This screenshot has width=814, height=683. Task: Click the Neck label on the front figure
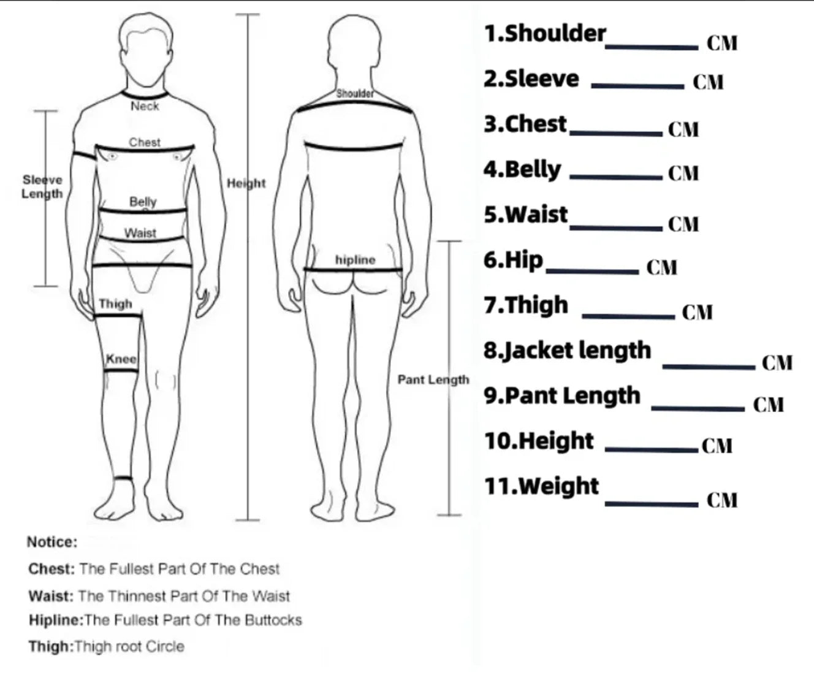click(x=145, y=106)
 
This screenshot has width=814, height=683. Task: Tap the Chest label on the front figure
click(x=145, y=142)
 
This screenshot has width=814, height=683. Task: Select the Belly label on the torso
click(x=143, y=202)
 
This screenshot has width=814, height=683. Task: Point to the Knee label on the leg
click(x=121, y=359)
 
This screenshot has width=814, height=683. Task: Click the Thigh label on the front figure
click(x=115, y=303)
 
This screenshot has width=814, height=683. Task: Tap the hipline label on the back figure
click(x=355, y=260)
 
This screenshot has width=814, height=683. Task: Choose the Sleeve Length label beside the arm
click(x=42, y=187)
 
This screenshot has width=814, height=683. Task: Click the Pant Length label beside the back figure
click(x=433, y=380)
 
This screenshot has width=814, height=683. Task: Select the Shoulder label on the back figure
click(x=355, y=94)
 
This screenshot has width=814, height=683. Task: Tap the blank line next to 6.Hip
click(x=592, y=272)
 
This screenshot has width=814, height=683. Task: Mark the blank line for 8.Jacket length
click(x=709, y=367)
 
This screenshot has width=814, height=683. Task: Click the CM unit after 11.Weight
click(x=722, y=500)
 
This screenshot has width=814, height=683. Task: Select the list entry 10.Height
click(x=539, y=441)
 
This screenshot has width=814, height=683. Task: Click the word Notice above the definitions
click(x=52, y=542)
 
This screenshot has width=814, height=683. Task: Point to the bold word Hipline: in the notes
click(x=56, y=620)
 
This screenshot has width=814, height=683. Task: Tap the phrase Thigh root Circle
click(x=129, y=646)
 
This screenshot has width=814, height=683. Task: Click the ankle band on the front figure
click(x=124, y=478)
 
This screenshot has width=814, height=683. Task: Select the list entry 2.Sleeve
click(x=531, y=79)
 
